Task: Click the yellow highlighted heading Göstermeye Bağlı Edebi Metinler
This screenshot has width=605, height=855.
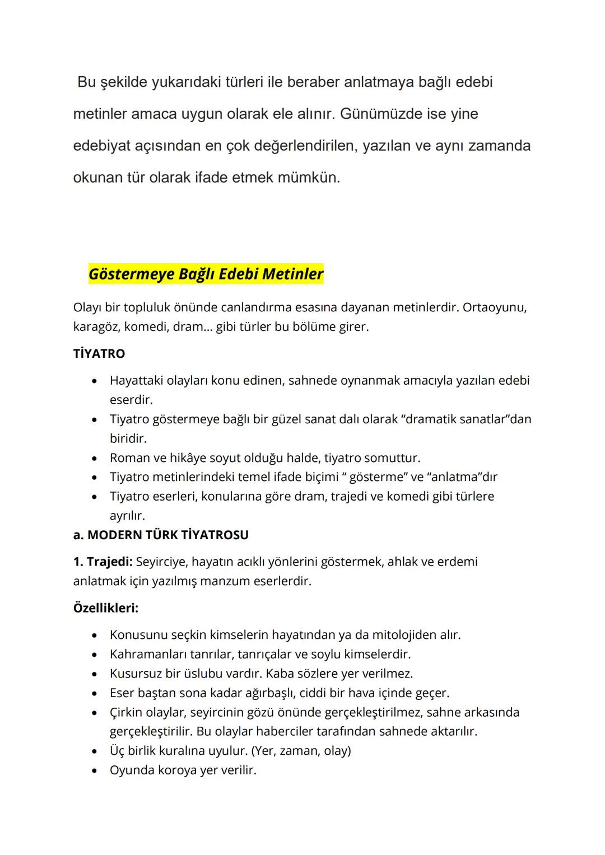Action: pos(206,274)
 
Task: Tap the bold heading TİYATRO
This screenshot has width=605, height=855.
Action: pos(99,354)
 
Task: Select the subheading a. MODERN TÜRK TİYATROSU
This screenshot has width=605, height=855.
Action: pos(161,535)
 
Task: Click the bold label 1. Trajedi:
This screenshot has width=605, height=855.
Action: pos(103,562)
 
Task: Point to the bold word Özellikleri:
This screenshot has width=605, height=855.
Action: pos(106,608)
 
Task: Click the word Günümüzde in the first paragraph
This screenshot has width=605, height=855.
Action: pos(381,114)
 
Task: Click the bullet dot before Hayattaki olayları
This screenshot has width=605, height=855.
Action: pos(96,381)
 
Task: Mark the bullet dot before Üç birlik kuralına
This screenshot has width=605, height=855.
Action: pos(96,751)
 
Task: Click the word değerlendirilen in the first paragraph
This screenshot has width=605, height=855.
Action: pos(305,146)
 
